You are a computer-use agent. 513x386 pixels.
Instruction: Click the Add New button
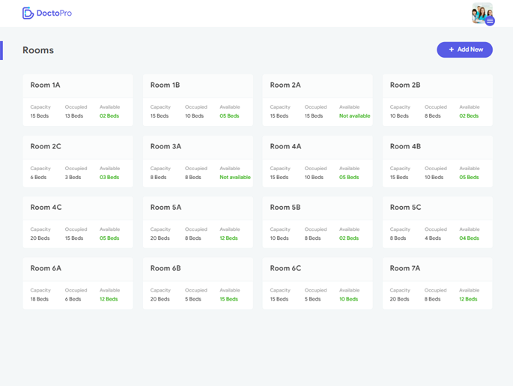click(x=464, y=49)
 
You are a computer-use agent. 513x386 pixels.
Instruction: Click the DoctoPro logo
click(x=47, y=13)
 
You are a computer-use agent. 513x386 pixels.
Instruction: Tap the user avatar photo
click(x=482, y=13)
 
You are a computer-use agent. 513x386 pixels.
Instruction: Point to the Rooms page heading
click(x=38, y=50)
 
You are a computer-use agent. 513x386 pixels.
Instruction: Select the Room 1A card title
click(x=45, y=85)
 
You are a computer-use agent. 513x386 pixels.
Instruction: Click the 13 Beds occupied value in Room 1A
click(x=74, y=116)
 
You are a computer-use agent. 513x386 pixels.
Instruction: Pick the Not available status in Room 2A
click(x=354, y=116)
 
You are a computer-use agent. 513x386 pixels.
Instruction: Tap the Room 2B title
click(x=405, y=85)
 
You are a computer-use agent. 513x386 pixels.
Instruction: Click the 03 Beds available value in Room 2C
click(x=109, y=178)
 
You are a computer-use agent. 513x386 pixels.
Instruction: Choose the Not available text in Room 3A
click(x=234, y=178)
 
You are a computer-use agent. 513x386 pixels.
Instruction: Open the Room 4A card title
click(x=285, y=147)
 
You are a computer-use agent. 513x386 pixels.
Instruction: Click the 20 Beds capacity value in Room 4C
click(x=40, y=238)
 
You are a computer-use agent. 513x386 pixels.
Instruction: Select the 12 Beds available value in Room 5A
click(x=228, y=238)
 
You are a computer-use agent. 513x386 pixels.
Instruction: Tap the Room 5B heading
click(x=285, y=208)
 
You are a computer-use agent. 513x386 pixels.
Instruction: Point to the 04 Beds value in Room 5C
click(x=469, y=238)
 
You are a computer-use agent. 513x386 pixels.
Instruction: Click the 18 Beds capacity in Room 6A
click(x=40, y=299)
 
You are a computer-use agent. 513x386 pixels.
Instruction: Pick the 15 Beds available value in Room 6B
click(x=228, y=299)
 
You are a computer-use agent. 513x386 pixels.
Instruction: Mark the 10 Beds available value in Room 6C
click(x=348, y=299)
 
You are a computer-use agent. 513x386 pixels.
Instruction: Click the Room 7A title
click(x=405, y=268)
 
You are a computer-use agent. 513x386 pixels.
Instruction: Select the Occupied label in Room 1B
click(x=196, y=107)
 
